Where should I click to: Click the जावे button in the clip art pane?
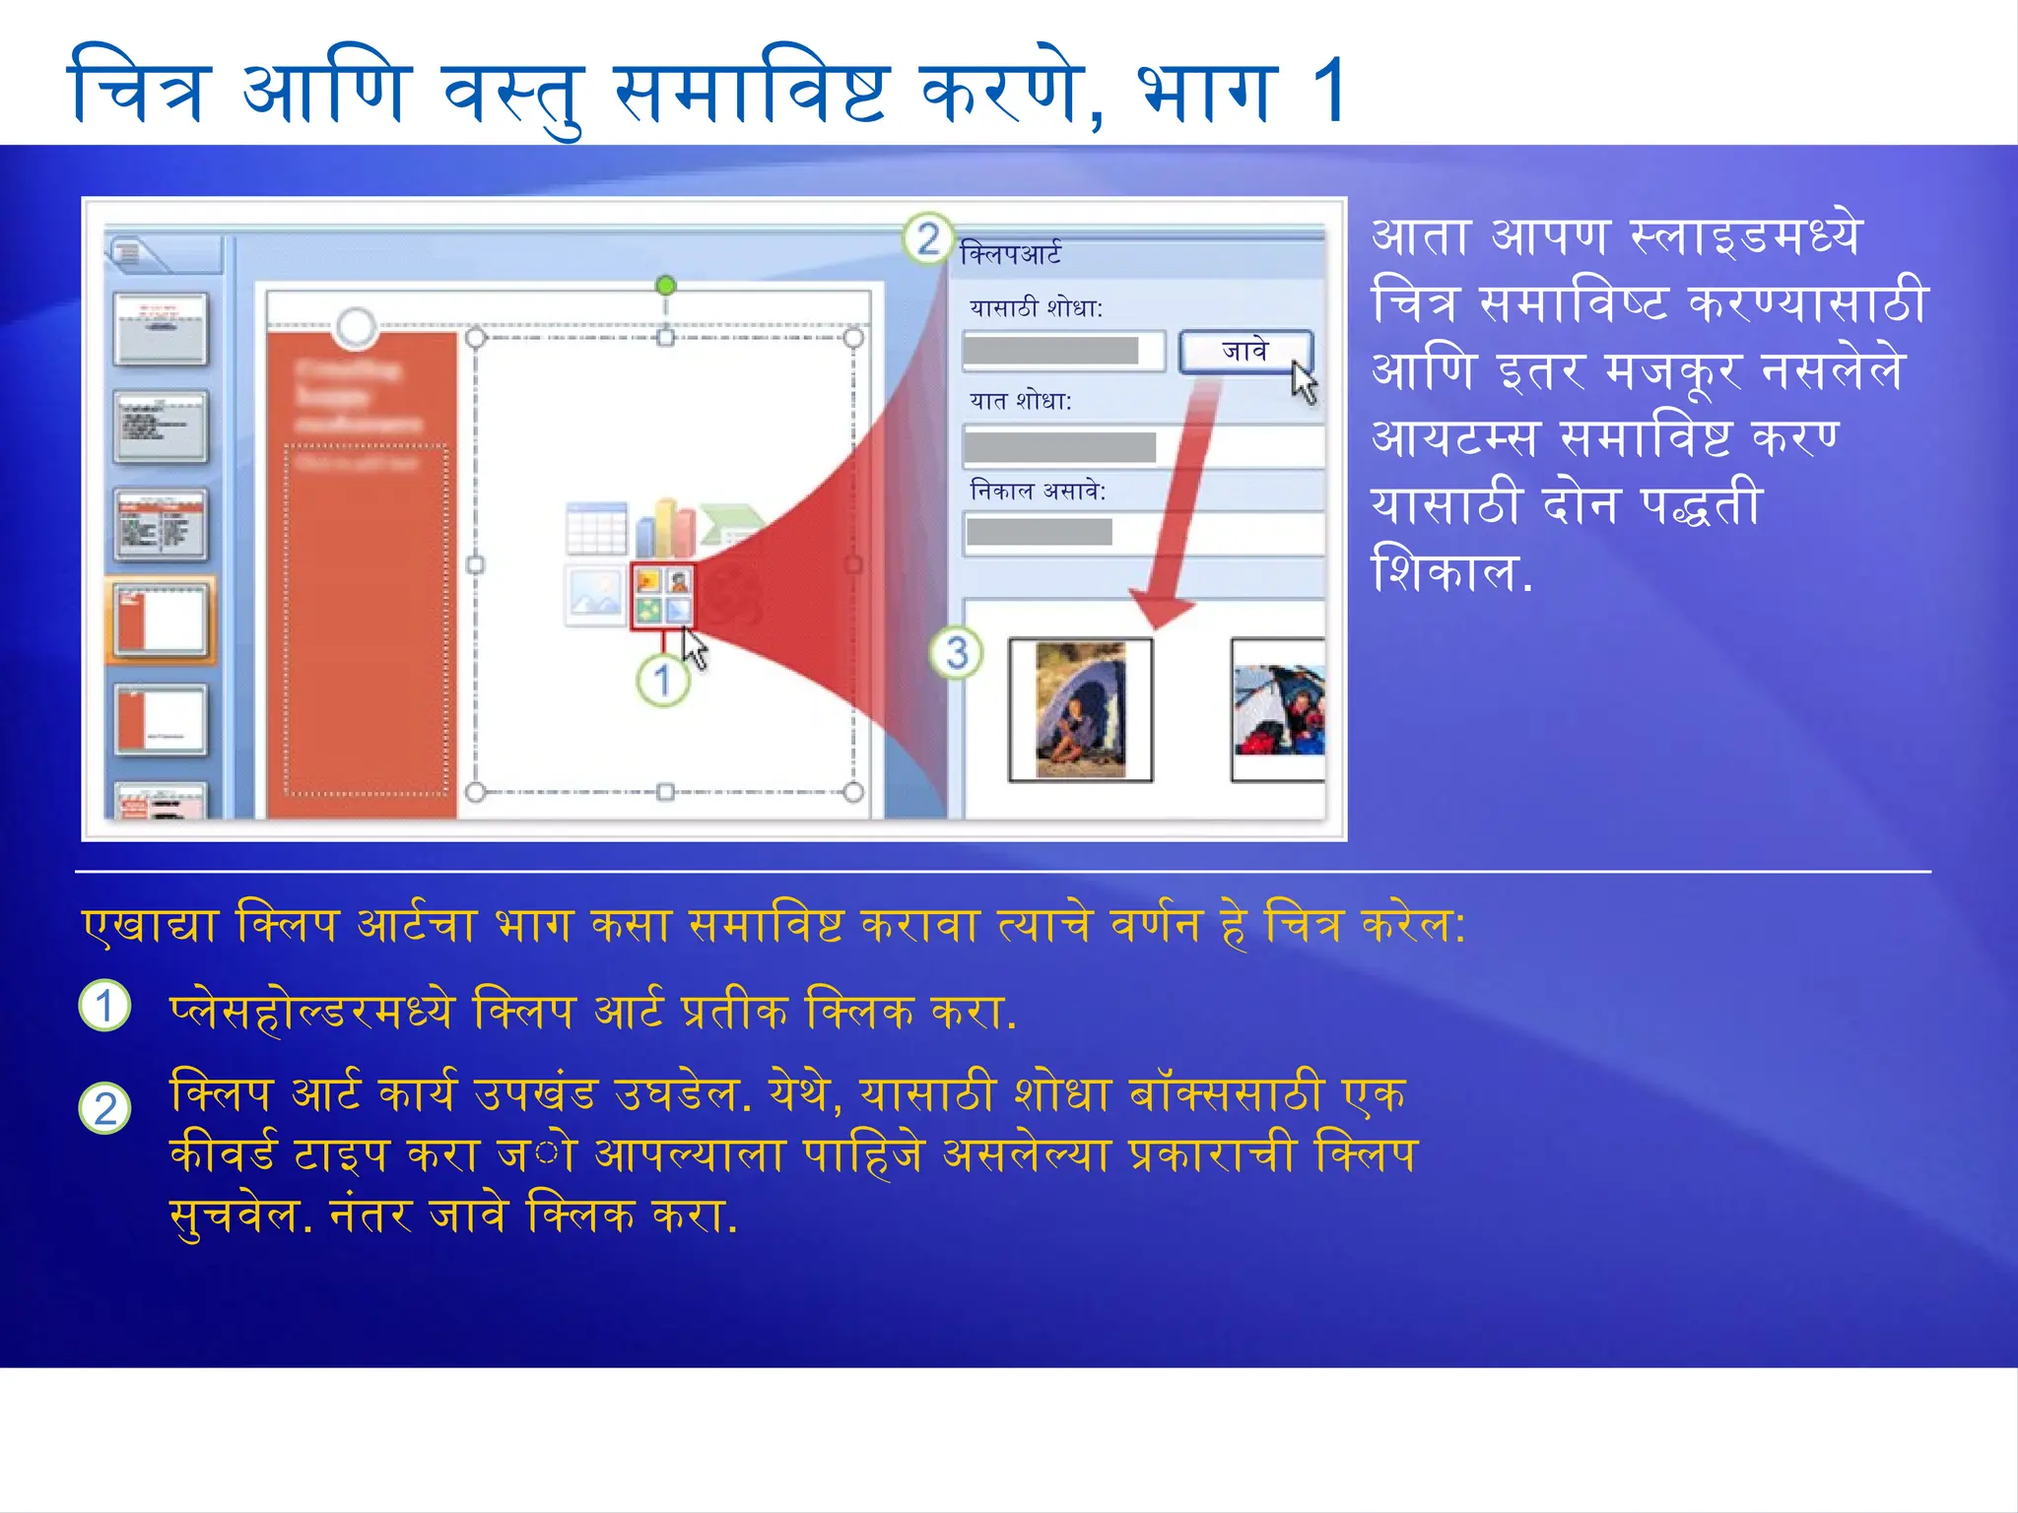[x=1244, y=352]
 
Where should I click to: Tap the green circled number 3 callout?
[x=957, y=653]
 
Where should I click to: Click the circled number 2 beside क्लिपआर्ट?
[x=927, y=238]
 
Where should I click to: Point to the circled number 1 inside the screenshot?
[x=662, y=680]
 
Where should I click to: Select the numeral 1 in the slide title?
[x=1329, y=91]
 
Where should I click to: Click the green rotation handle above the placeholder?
[x=665, y=286]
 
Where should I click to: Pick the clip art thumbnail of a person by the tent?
[x=1080, y=709]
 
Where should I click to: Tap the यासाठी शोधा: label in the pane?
[x=1036, y=308]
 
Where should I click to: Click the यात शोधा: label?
[x=1020, y=401]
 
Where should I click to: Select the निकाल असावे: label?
[x=1038, y=491]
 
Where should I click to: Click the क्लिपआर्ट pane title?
[x=1010, y=254]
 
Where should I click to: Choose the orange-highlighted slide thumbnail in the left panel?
[x=161, y=621]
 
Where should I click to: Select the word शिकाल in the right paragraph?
[x=1444, y=571]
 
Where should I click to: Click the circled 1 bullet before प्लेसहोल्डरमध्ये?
[x=104, y=1006]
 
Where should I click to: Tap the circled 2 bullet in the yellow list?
[x=104, y=1108]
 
